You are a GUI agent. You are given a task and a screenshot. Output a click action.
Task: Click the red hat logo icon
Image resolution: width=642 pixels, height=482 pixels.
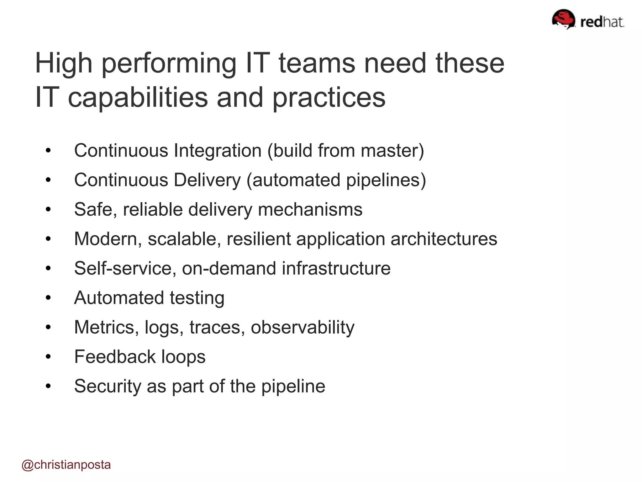tap(563, 19)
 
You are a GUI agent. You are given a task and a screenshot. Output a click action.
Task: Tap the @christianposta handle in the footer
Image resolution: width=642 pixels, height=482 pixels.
tap(66, 465)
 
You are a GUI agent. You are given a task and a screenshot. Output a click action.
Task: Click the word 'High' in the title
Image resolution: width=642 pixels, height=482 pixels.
tap(64, 63)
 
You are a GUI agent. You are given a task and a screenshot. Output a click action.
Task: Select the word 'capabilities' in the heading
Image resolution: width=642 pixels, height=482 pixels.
tap(138, 98)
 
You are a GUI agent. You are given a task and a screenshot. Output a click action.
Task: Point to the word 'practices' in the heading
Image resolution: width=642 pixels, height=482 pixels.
tap(329, 98)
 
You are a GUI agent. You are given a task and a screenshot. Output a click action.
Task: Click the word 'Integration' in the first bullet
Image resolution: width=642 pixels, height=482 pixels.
tap(218, 151)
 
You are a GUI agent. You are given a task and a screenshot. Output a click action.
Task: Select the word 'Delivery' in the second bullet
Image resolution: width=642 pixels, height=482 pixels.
tap(207, 180)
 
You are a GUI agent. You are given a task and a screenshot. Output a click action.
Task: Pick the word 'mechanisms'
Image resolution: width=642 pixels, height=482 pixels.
tap(310, 209)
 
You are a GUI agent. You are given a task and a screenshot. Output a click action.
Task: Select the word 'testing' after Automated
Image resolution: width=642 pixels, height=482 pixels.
tap(197, 298)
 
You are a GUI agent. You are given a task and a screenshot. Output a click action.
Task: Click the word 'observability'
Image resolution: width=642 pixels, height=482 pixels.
tap(303, 327)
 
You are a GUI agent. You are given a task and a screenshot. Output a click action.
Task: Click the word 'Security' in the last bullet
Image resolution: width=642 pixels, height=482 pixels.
tap(108, 386)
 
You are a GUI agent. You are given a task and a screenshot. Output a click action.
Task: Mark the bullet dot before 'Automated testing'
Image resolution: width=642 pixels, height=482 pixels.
tap(48, 298)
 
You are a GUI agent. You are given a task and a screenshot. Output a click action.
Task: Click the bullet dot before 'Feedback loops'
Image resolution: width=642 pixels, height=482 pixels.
tap(48, 357)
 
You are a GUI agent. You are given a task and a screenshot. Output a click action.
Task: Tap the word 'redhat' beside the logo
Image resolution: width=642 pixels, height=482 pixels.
tap(602, 22)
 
